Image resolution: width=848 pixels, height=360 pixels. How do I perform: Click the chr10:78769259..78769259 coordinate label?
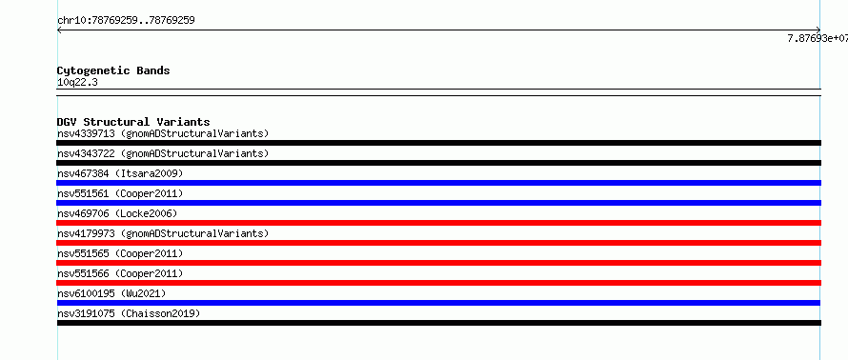click(x=126, y=21)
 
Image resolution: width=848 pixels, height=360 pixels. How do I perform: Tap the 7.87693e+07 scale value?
click(x=818, y=38)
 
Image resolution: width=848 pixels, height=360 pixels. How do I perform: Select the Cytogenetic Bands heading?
click(x=113, y=70)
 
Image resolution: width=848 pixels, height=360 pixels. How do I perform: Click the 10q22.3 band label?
click(x=77, y=83)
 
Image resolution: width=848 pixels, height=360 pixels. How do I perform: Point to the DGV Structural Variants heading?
click(x=133, y=122)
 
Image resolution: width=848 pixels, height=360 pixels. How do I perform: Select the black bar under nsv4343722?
click(x=438, y=163)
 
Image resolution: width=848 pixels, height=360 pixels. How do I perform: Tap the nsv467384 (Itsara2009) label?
click(x=120, y=173)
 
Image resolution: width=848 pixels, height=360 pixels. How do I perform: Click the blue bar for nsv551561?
click(x=438, y=203)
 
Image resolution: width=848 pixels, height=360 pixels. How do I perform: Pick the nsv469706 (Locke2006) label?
click(x=117, y=213)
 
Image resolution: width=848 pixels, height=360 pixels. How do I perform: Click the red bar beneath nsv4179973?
click(x=438, y=243)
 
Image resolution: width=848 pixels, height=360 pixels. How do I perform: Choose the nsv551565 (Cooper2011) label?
click(x=120, y=253)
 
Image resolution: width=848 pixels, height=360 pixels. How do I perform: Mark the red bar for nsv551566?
click(x=438, y=283)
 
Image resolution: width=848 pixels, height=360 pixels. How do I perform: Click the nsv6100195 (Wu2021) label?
click(x=111, y=293)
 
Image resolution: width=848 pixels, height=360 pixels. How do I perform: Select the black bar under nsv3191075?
click(x=438, y=323)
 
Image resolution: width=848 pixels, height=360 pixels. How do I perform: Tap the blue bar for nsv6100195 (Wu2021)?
click(x=438, y=303)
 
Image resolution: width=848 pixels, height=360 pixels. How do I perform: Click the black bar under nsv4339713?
click(x=438, y=143)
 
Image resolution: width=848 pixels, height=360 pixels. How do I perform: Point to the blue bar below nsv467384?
click(x=438, y=183)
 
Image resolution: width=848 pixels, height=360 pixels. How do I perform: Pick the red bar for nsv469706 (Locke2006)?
click(x=438, y=223)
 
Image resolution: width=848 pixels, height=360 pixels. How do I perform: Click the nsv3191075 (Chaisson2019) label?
click(x=129, y=313)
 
